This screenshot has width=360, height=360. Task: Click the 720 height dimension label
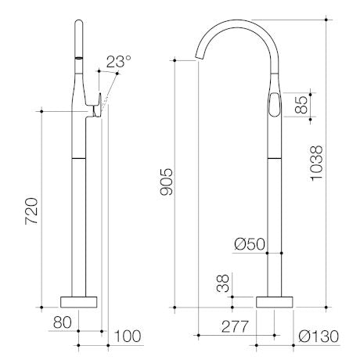31,211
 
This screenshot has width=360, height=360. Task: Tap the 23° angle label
118,62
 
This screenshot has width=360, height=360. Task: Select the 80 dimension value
62,322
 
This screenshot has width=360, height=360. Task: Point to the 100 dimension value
128,337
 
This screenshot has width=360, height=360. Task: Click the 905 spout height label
167,182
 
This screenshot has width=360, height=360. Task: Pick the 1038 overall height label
316,164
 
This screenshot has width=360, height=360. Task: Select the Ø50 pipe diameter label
250,244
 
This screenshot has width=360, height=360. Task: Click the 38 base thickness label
223,283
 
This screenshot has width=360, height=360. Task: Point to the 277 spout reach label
236,326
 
